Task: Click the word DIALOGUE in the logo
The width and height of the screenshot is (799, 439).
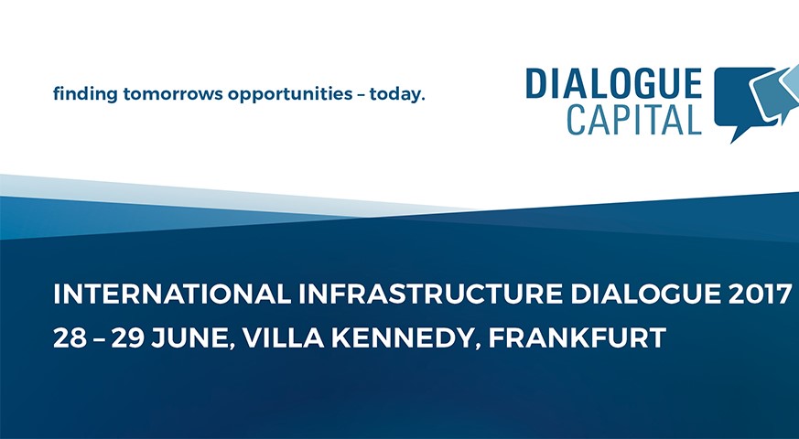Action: coord(613,83)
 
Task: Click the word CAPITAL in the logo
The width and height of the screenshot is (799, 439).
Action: coord(634,120)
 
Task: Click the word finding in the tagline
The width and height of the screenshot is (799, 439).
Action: coord(85,95)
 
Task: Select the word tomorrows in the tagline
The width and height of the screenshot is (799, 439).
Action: coord(173,95)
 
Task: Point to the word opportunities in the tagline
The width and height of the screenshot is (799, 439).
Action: coord(290,95)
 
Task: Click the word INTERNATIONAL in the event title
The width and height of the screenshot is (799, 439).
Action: coord(172,294)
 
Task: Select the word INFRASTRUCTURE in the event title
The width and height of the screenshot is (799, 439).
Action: coord(430,294)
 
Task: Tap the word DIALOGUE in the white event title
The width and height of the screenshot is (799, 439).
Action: coord(645,294)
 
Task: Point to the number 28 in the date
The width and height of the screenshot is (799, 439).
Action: coord(70,337)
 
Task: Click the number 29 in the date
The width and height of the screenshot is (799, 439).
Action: coord(128,337)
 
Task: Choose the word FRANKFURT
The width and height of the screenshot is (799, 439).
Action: coord(577,337)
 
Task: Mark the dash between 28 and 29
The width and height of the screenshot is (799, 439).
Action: coord(99,338)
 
